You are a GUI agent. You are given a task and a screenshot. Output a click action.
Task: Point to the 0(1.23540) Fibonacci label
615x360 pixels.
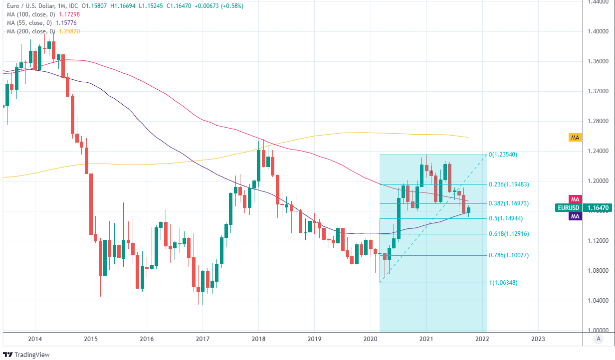click(x=503, y=155)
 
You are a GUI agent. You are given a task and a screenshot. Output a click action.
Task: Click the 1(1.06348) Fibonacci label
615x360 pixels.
click(x=503, y=283)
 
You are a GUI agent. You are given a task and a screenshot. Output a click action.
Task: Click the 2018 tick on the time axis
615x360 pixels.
click(x=258, y=339)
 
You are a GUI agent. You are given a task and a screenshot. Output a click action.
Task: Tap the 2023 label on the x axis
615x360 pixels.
click(x=538, y=339)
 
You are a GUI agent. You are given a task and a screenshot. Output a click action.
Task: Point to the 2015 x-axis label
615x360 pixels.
click(x=91, y=339)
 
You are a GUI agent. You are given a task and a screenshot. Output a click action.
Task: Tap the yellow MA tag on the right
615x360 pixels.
click(x=575, y=137)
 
